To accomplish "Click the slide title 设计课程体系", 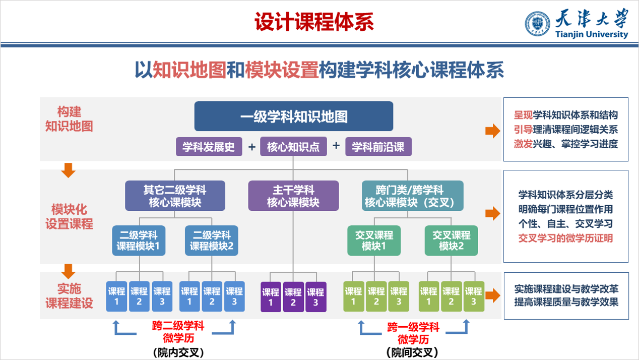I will pos(314,22).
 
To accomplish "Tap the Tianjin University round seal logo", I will pos(538,24).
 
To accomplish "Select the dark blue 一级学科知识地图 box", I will pos(294,116).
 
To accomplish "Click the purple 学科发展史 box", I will pos(209,147).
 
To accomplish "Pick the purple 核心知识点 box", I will pos(293,147).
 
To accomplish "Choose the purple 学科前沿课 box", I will pos(378,147).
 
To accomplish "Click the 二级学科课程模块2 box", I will pos(211,241).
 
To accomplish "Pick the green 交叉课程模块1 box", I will pos(374,241).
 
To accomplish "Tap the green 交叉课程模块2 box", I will pos(451,241).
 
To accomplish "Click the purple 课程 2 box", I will pos(293,296).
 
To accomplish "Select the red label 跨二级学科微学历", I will pos(178,331).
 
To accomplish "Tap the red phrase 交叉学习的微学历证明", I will pos(565,238).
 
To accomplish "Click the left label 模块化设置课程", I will pos(70,216).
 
